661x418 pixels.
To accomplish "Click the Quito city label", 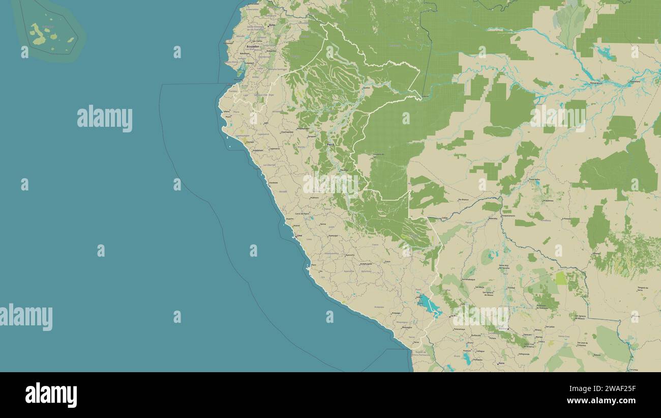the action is click(272, 24).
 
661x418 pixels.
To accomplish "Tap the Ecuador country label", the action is click(253, 46).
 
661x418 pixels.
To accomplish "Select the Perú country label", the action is click(330, 145).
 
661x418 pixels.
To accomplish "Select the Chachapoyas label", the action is click(287, 131).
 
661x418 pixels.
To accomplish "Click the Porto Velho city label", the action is click(534, 180).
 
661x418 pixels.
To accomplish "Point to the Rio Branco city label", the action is click(463, 200).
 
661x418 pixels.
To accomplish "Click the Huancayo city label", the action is click(333, 236).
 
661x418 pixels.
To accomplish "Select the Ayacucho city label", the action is click(349, 255).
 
